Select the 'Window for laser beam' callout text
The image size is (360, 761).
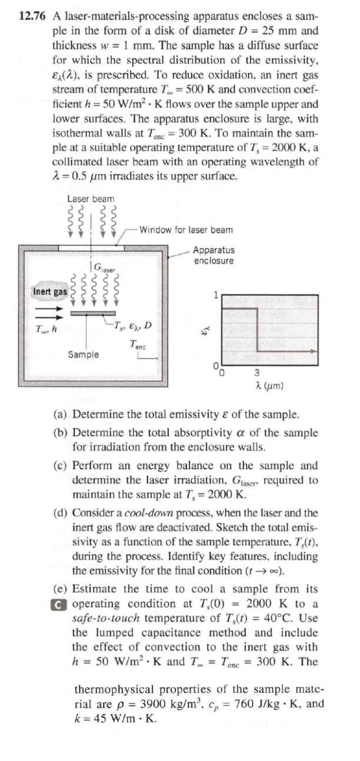(186, 229)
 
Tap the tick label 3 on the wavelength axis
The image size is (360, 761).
(257, 372)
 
